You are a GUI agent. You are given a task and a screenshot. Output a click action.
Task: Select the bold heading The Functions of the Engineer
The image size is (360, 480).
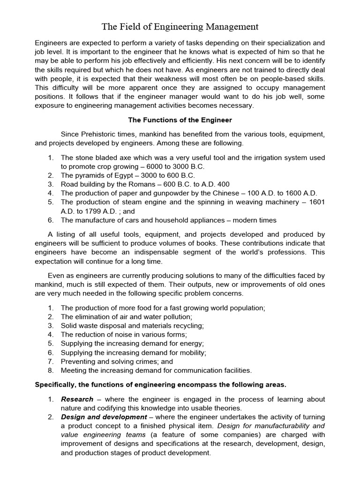click(180, 120)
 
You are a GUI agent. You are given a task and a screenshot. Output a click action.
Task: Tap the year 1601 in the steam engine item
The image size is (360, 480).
click(317, 202)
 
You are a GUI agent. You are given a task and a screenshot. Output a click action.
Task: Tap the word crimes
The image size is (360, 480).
click(143, 361)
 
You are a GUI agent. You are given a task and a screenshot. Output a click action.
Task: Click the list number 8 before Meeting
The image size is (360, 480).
click(50, 370)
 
